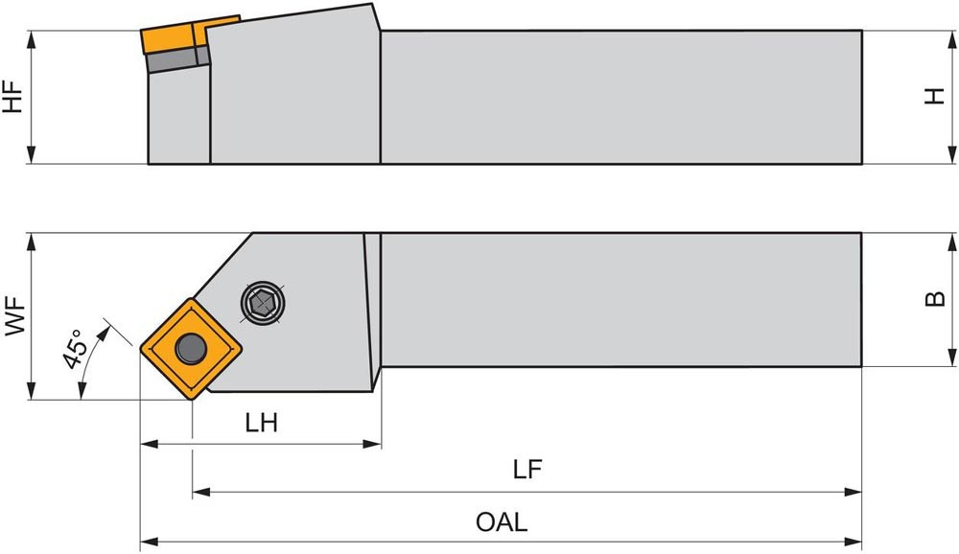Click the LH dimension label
(x=261, y=424)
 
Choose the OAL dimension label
(x=502, y=523)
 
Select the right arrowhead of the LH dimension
(x=374, y=444)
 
